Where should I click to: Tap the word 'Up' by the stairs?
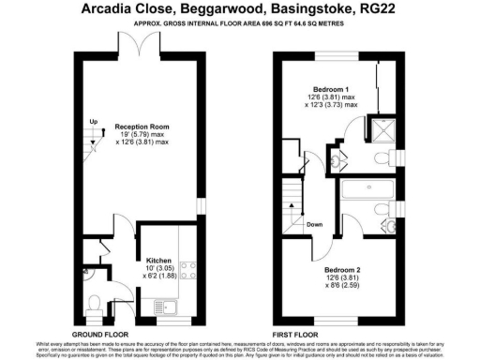coord(93,122)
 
